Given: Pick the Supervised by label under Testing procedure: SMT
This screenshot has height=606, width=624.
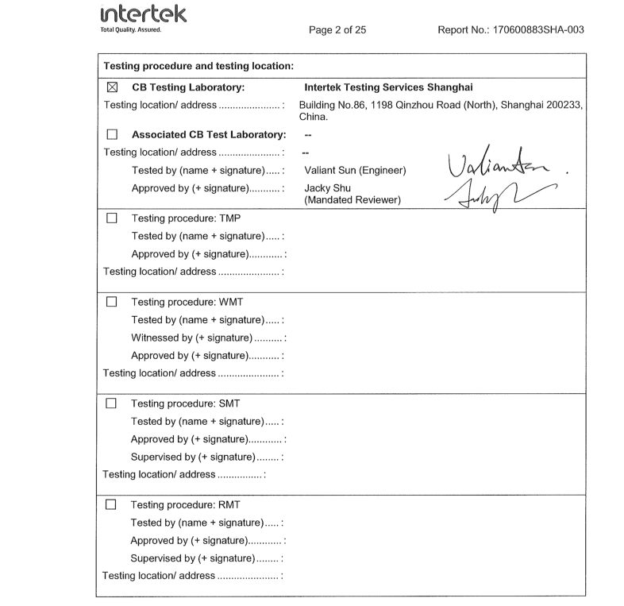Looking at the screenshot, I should [208, 454].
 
